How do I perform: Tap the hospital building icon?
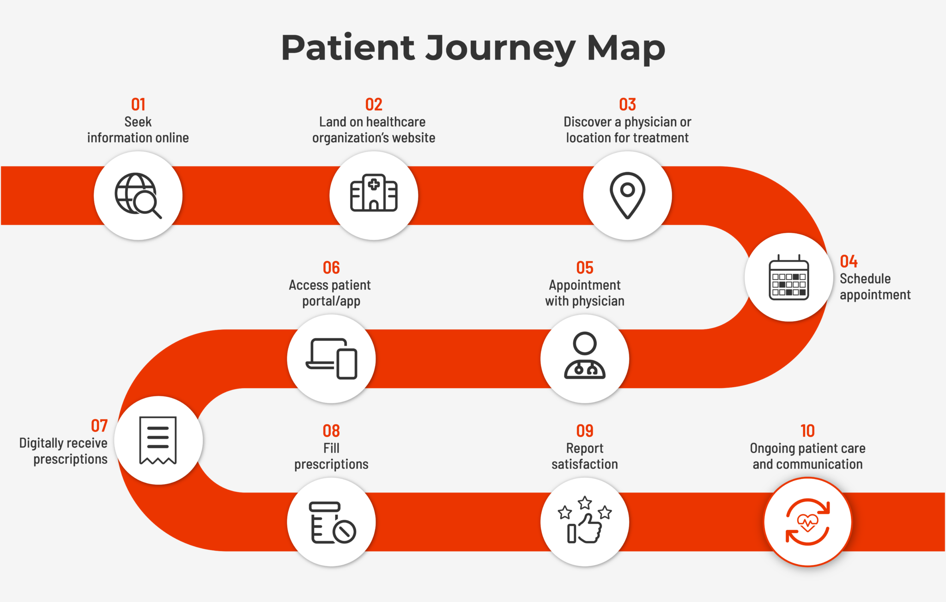pyautogui.click(x=374, y=194)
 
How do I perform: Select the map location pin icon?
pyautogui.click(x=627, y=195)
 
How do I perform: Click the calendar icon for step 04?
pyautogui.click(x=788, y=278)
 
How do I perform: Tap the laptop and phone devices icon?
pyautogui.click(x=332, y=359)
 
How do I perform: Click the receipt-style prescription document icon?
pyautogui.click(x=158, y=440)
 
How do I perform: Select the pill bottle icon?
pyautogui.click(x=332, y=523)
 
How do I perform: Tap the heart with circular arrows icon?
pyautogui.click(x=807, y=522)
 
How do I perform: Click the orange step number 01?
pyautogui.click(x=138, y=105)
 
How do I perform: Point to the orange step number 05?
pyautogui.click(x=585, y=268)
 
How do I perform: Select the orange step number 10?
pyautogui.click(x=807, y=431)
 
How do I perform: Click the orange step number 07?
pyautogui.click(x=99, y=426)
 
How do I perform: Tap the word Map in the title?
pyautogui.click(x=626, y=49)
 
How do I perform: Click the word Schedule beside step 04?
pyautogui.click(x=865, y=279)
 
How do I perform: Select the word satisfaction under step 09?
pyautogui.click(x=585, y=464)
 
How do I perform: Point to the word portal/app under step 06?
pyautogui.click(x=331, y=301)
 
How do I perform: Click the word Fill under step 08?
pyautogui.click(x=331, y=448)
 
